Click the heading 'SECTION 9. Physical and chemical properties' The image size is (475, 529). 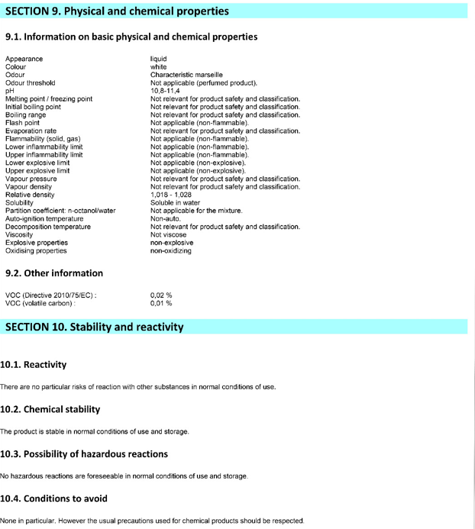coord(117,11)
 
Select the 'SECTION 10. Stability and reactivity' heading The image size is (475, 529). coord(95,327)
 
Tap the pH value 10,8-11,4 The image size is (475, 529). coord(166,91)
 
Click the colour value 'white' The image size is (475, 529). coord(158,67)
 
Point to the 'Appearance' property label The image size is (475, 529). coord(24,59)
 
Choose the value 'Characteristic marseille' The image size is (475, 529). coord(186,75)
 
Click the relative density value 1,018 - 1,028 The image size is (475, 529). coord(171,195)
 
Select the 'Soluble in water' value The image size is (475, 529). coord(175,202)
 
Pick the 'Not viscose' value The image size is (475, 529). coord(168,234)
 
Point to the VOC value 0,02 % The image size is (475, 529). coord(161,295)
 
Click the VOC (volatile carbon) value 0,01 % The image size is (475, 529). coord(161,303)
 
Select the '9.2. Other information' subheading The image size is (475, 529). coord(54,273)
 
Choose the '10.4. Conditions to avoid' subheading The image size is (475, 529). coord(64,498)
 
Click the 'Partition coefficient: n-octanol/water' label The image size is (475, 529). coord(61,211)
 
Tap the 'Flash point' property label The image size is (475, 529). coord(23,123)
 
